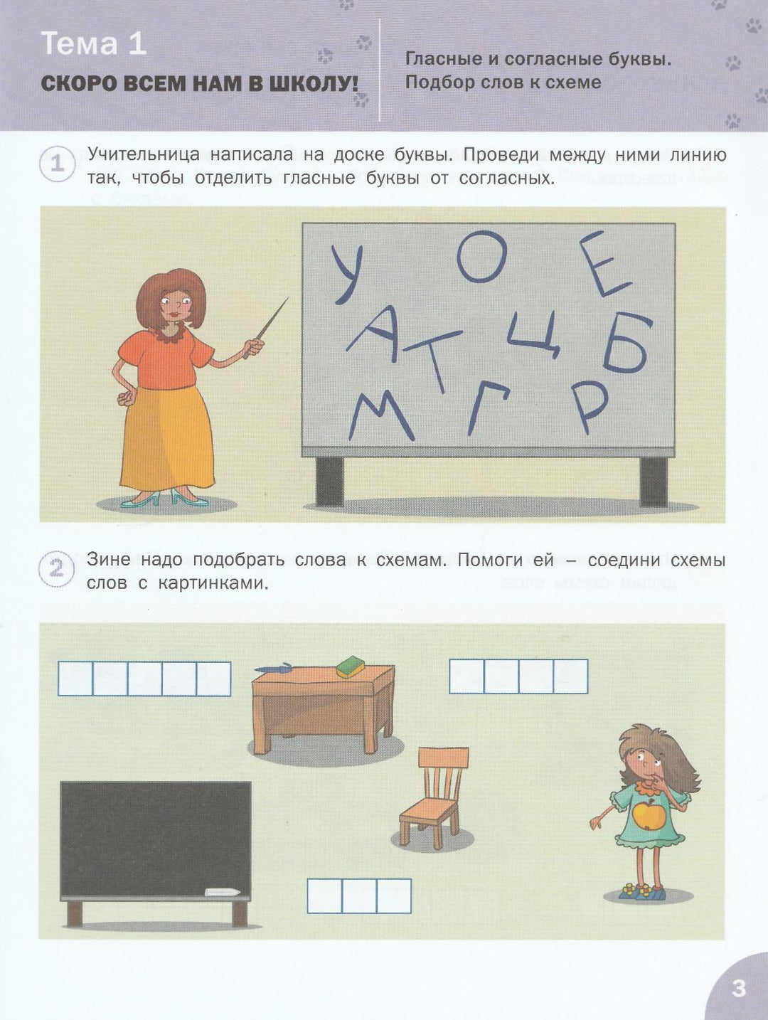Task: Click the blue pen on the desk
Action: coord(273,669)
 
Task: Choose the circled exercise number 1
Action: coord(57,164)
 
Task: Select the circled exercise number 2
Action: coord(56,569)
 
